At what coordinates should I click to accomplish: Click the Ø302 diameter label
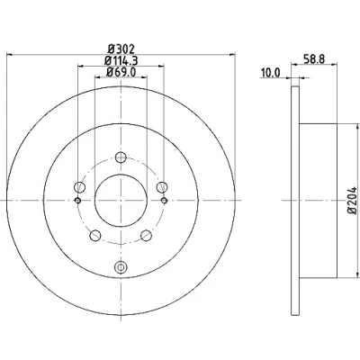(x=121, y=49)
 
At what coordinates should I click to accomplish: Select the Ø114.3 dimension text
(x=121, y=61)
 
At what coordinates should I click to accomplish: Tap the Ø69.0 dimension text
(x=121, y=72)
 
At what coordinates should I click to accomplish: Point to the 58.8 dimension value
(x=314, y=59)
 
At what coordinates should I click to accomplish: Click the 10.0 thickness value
(x=270, y=73)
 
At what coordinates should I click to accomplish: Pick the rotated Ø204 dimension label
(x=353, y=201)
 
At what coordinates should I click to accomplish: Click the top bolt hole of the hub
(x=121, y=157)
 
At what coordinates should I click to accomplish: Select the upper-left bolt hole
(x=79, y=187)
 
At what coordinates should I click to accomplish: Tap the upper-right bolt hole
(x=162, y=187)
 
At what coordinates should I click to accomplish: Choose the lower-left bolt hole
(x=95, y=235)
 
